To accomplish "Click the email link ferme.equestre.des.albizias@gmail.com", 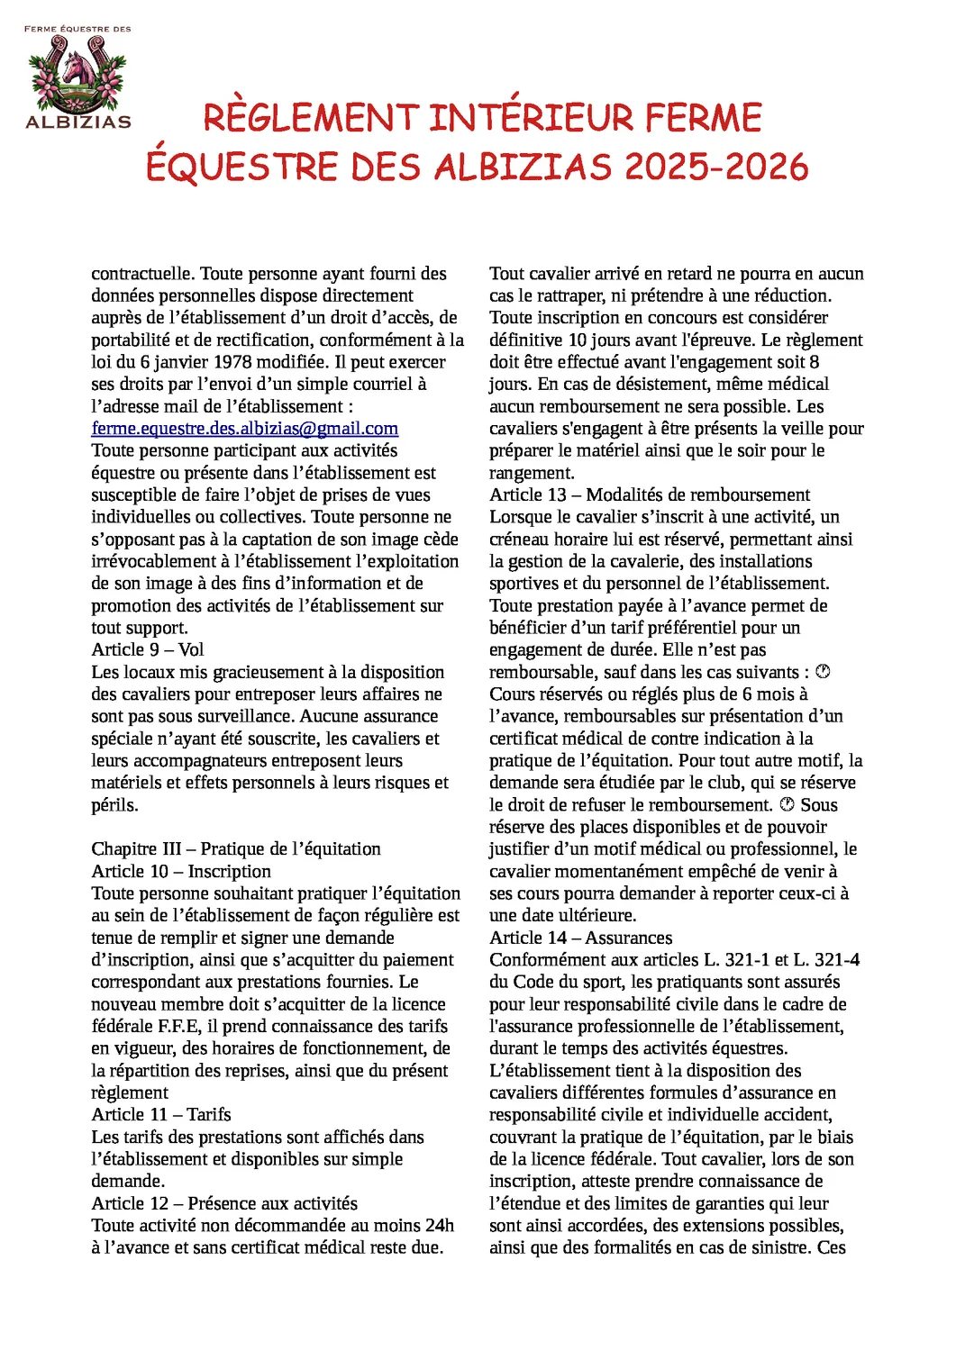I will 244,429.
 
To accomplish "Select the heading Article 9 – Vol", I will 148,649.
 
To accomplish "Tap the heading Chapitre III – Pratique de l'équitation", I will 236,848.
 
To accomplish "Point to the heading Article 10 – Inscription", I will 181,871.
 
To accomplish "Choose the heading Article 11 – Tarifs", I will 161,1114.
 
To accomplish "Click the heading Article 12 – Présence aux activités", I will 224,1203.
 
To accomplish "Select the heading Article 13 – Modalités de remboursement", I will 650,494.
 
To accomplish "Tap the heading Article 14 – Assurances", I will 580,938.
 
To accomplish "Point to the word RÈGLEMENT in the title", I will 311,118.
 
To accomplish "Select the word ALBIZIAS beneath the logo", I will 78,122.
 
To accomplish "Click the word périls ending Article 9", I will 114,804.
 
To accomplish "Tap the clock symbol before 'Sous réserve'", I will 787,804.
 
